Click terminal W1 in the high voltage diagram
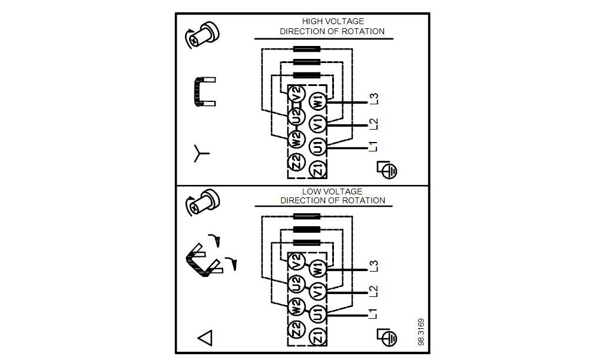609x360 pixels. tap(317, 101)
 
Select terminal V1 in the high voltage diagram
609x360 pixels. tap(317, 124)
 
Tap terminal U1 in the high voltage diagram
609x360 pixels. tap(317, 147)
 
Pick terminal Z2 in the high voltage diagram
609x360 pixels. tap(296, 161)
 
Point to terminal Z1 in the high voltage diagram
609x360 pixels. tap(317, 170)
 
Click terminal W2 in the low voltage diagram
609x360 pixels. tap(296, 306)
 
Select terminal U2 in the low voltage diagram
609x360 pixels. tap(296, 283)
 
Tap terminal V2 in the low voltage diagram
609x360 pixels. tap(296, 261)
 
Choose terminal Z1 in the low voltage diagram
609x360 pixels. tap(317, 338)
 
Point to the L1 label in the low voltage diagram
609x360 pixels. tap(373, 313)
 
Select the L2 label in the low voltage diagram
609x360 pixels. tap(373, 290)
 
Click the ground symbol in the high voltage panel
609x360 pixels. tap(388, 170)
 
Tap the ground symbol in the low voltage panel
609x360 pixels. tap(388, 337)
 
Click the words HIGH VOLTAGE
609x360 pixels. tap(333, 21)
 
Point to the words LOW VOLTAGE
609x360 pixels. tap(332, 191)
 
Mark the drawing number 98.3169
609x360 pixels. tap(421, 332)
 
